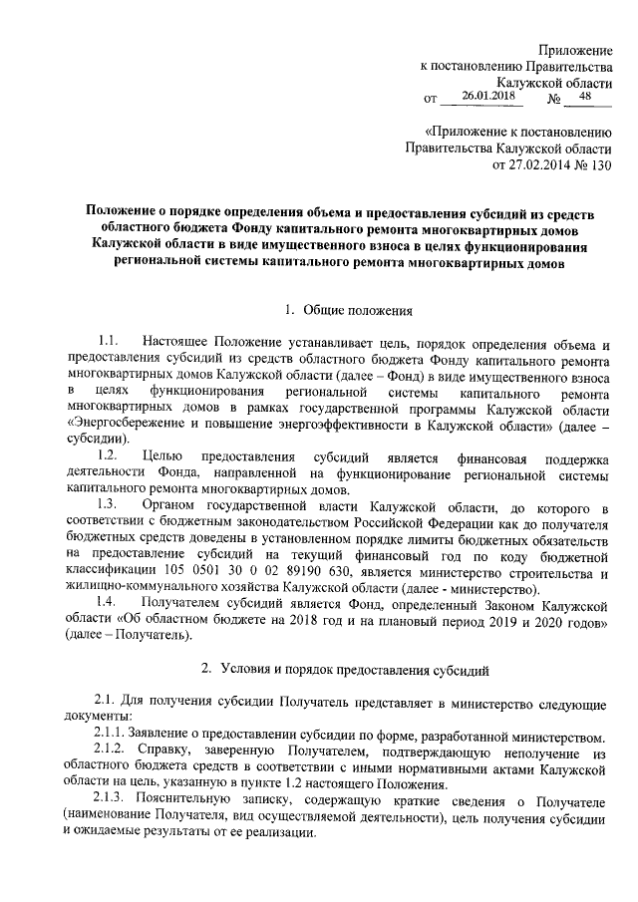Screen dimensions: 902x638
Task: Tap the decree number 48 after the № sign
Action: click(584, 97)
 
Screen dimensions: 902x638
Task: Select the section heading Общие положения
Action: click(351, 310)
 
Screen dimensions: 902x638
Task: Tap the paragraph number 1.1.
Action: click(110, 344)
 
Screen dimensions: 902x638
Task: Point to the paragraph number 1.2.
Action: click(110, 455)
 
